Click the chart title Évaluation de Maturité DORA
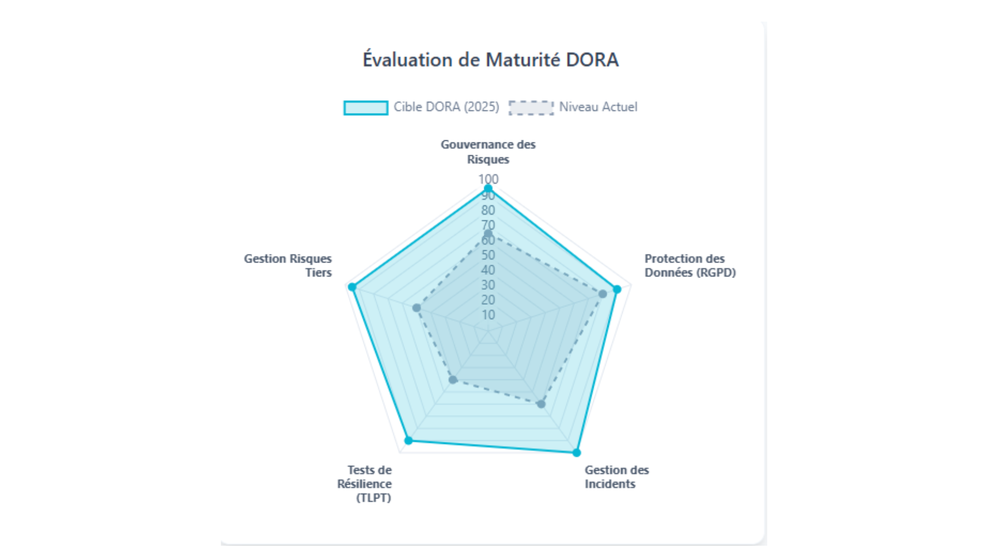click(x=490, y=60)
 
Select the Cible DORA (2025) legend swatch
click(x=366, y=107)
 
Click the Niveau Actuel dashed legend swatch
click(x=531, y=107)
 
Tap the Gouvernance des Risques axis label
click(x=488, y=152)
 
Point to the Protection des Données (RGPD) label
click(x=690, y=266)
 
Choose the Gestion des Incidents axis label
click(x=616, y=477)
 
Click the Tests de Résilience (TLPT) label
click(x=365, y=484)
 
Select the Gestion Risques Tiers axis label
click(x=288, y=266)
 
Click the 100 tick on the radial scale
click(x=488, y=179)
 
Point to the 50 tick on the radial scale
click(x=488, y=255)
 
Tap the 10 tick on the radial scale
click(x=488, y=314)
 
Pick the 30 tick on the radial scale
click(x=488, y=285)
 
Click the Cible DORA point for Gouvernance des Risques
click(x=488, y=189)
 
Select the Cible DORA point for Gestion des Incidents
click(x=576, y=453)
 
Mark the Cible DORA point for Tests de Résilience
click(x=409, y=440)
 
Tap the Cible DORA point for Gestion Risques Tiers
click(x=352, y=287)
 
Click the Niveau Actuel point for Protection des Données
click(x=603, y=294)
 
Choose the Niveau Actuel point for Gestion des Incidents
click(x=541, y=404)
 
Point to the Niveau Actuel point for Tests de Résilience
click(x=453, y=380)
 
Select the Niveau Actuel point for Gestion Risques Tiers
click(x=417, y=308)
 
